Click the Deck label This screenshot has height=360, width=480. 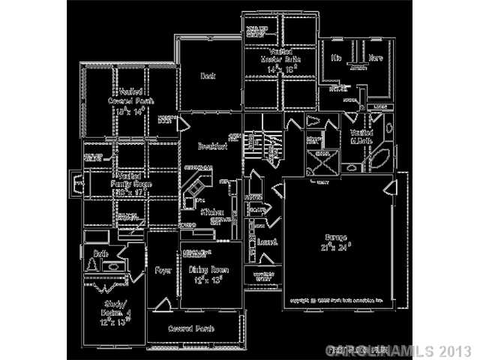[208, 76]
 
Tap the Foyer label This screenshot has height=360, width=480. [163, 269]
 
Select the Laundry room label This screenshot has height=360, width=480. [268, 242]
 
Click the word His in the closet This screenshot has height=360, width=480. [336, 57]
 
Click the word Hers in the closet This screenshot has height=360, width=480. [375, 57]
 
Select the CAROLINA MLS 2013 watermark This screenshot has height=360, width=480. [398, 350]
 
